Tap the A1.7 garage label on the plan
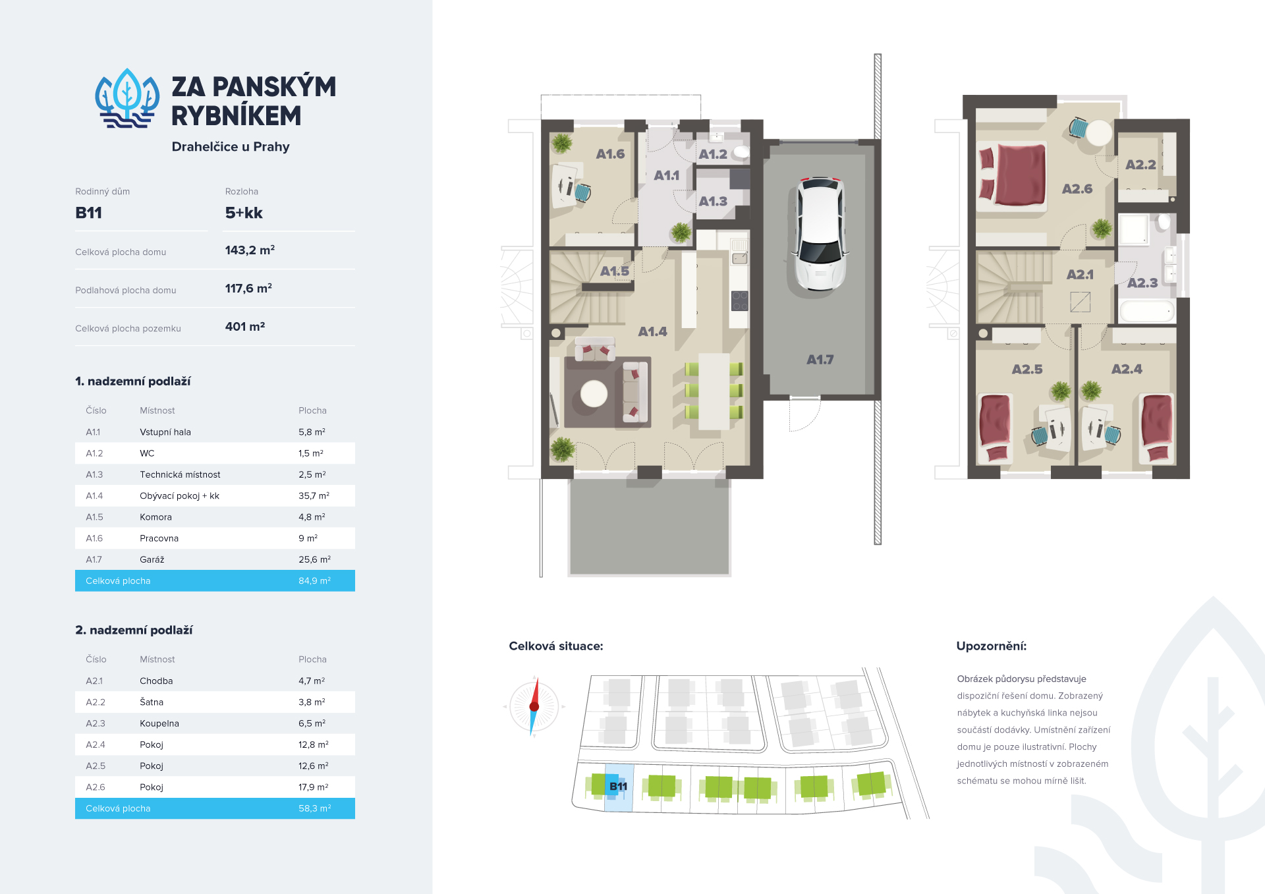820,360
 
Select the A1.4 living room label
652,331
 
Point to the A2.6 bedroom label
1077,189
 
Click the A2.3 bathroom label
1142,283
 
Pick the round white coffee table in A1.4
594,395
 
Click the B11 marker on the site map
619,786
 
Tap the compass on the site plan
534,706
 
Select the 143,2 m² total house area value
250,250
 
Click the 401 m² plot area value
245,327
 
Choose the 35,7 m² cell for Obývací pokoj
314,496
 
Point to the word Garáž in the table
152,559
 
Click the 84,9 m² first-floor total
314,580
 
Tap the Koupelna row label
159,723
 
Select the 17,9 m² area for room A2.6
314,787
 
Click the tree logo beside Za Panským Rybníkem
127,98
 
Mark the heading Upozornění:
992,646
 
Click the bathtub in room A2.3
1147,311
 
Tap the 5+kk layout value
244,213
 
